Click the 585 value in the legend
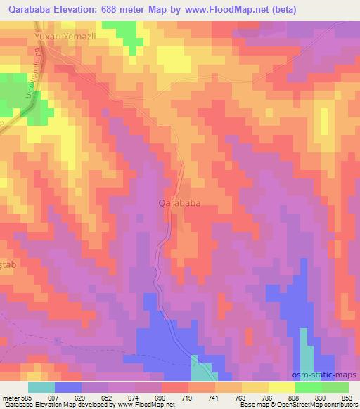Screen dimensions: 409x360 tap(26, 397)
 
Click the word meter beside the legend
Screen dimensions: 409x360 tap(9, 397)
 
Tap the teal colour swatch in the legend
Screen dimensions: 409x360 tap(41, 387)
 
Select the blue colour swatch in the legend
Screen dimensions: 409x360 tap(67, 387)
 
